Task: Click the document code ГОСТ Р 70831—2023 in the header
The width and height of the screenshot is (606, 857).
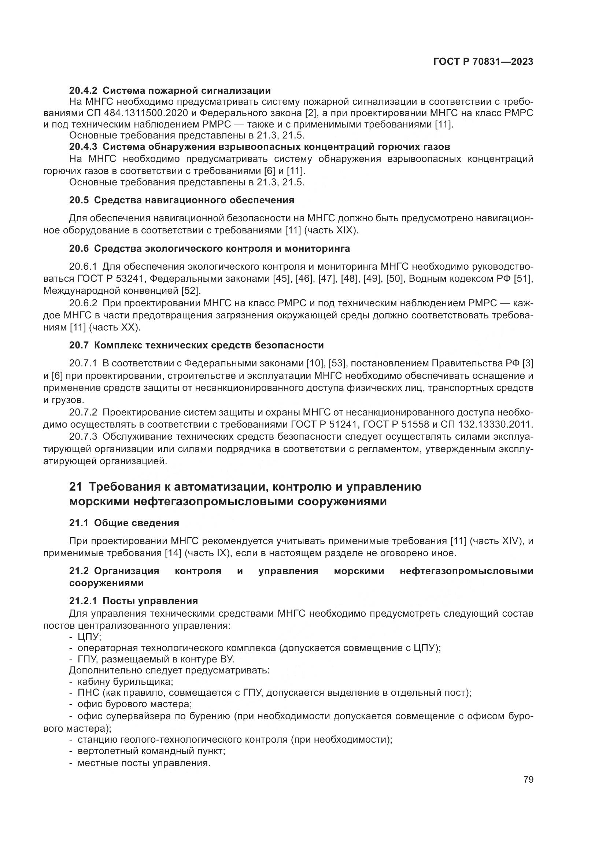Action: coord(483,62)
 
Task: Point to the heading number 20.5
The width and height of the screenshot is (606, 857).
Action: coord(79,200)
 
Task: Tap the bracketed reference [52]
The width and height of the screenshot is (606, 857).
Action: coord(191,290)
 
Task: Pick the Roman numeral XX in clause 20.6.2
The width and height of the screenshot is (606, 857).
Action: coord(129,327)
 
